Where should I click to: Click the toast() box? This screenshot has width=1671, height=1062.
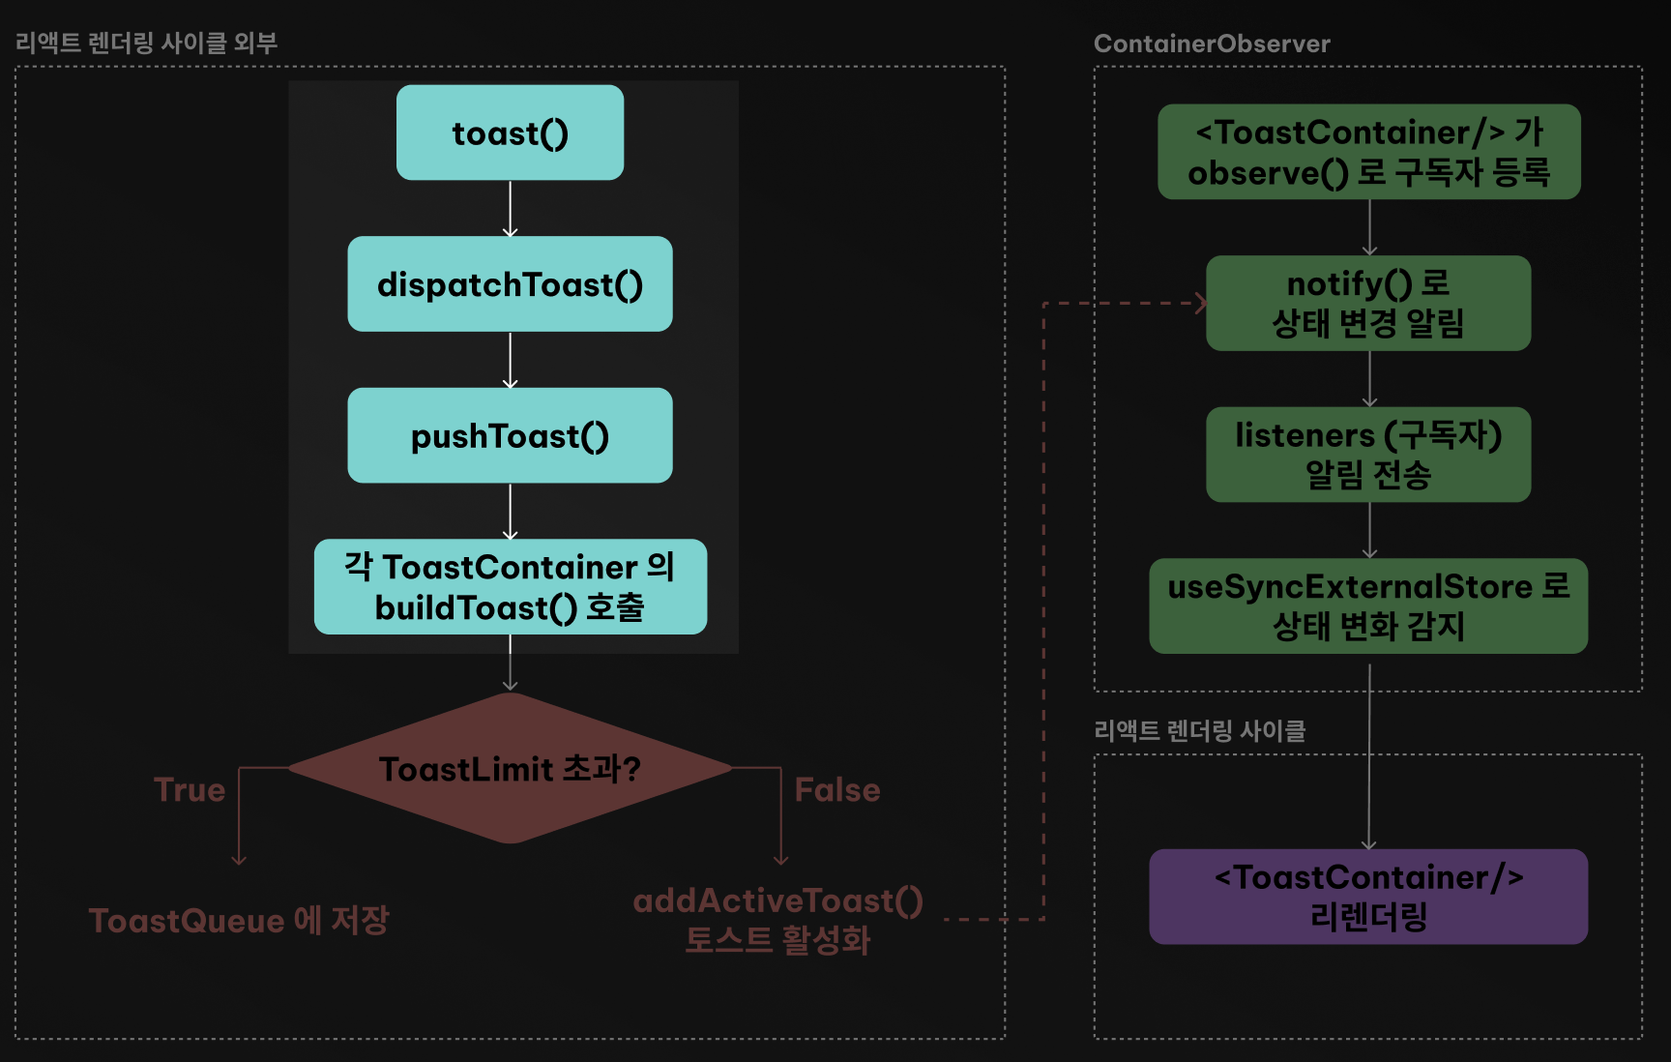pyautogui.click(x=510, y=133)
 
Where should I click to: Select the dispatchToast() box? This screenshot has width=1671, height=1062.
pyautogui.click(x=510, y=284)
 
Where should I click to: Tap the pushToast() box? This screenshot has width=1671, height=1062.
pyautogui.click(x=510, y=435)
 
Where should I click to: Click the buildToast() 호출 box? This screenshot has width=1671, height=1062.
pyautogui.click(x=510, y=587)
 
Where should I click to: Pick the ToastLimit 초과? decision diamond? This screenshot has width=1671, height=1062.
pyautogui.click(x=510, y=769)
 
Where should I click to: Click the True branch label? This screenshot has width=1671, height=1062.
pyautogui.click(x=190, y=790)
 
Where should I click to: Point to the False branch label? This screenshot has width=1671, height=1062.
pyautogui.click(x=837, y=790)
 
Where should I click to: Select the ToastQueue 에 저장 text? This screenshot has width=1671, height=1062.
pyautogui.click(x=239, y=920)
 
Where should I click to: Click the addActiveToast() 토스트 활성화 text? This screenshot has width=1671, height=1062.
pyautogui.click(x=777, y=920)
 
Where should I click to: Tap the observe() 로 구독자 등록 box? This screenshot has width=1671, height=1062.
pyautogui.click(x=1368, y=152)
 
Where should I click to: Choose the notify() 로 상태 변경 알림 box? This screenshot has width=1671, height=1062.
pyautogui.click(x=1368, y=303)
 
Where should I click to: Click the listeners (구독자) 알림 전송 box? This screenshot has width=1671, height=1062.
pyautogui.click(x=1368, y=455)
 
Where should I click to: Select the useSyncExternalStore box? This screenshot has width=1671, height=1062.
pyautogui.click(x=1368, y=606)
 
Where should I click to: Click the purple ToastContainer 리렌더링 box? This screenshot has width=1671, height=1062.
pyautogui.click(x=1368, y=897)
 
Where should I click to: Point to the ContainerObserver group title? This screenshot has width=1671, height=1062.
pyautogui.click(x=1212, y=44)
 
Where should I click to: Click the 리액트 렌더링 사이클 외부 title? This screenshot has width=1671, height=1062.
pyautogui.click(x=146, y=43)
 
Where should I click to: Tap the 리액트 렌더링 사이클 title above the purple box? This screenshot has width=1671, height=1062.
pyautogui.click(x=1199, y=730)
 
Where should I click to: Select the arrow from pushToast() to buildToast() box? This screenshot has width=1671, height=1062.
pyautogui.click(x=510, y=512)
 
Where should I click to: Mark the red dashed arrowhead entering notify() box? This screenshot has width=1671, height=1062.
pyautogui.click(x=1200, y=303)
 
